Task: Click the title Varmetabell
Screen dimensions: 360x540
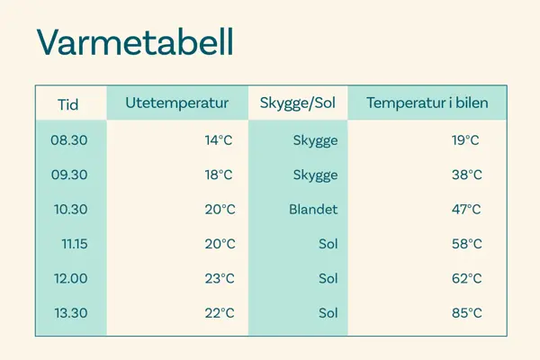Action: pos(135,43)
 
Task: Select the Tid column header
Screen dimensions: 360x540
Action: pos(68,104)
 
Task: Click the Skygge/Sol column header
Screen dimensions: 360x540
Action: pos(297,103)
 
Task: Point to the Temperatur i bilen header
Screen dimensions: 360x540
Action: pos(427,103)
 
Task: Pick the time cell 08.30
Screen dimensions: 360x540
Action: pos(69,140)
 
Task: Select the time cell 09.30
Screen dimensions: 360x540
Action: pos(69,175)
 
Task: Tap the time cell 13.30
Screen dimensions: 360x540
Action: pos(69,313)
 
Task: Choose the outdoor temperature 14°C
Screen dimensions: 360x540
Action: pos(219,140)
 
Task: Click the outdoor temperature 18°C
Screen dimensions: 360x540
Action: pos(219,175)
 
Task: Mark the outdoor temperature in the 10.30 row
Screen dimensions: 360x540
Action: pos(219,210)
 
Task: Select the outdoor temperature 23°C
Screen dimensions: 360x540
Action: pos(219,279)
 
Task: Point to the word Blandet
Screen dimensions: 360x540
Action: pos(313,210)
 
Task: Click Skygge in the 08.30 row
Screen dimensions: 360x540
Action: pos(315,140)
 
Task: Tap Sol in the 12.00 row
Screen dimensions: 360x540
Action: pos(328,279)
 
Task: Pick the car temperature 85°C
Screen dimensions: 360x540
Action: pos(466,313)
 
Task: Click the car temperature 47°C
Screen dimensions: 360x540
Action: pos(466,210)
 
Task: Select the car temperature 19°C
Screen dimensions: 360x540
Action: pos(466,140)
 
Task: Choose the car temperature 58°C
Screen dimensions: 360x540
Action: pos(466,244)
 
